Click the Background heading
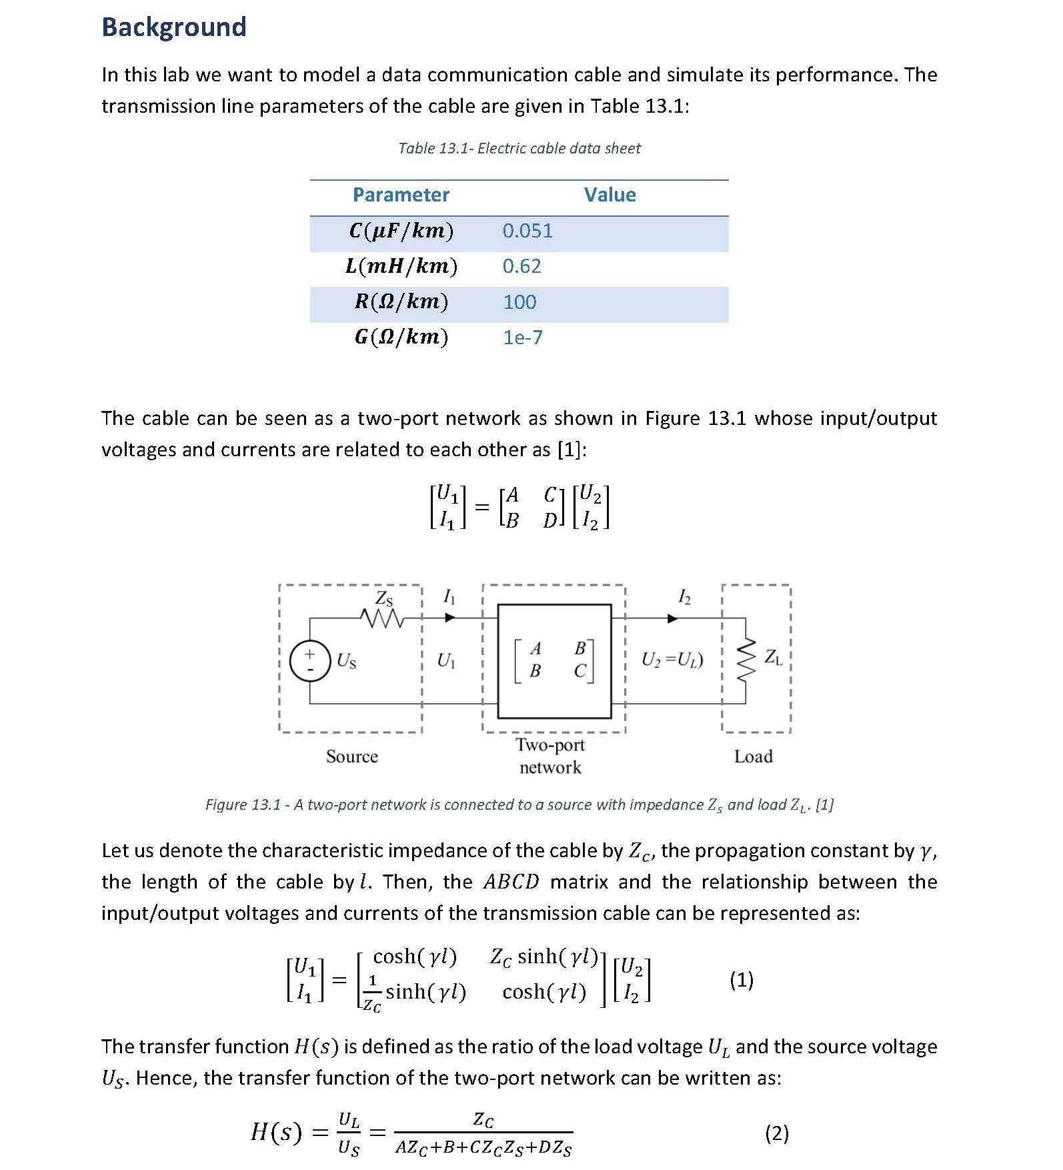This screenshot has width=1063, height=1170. [174, 27]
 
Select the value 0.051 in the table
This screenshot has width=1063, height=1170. [527, 231]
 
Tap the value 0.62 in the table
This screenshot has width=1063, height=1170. [521, 266]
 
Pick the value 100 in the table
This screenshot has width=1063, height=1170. [519, 302]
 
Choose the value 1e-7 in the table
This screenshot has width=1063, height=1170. [523, 338]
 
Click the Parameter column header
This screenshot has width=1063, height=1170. [401, 195]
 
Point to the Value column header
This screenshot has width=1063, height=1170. [610, 195]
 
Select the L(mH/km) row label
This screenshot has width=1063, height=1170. [401, 266]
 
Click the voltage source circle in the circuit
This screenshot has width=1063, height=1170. [310, 660]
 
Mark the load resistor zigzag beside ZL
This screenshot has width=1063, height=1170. [746, 659]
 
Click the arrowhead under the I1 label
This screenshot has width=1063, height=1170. [450, 618]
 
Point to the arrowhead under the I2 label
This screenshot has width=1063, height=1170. [672, 618]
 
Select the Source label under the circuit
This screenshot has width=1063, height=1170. [352, 756]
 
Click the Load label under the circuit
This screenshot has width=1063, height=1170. [753, 756]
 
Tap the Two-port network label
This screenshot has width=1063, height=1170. [550, 756]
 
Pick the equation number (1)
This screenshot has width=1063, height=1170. [742, 979]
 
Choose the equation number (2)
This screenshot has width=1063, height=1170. [776, 1133]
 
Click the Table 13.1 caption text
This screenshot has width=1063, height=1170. [519, 148]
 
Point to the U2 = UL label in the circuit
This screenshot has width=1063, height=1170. [672, 660]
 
